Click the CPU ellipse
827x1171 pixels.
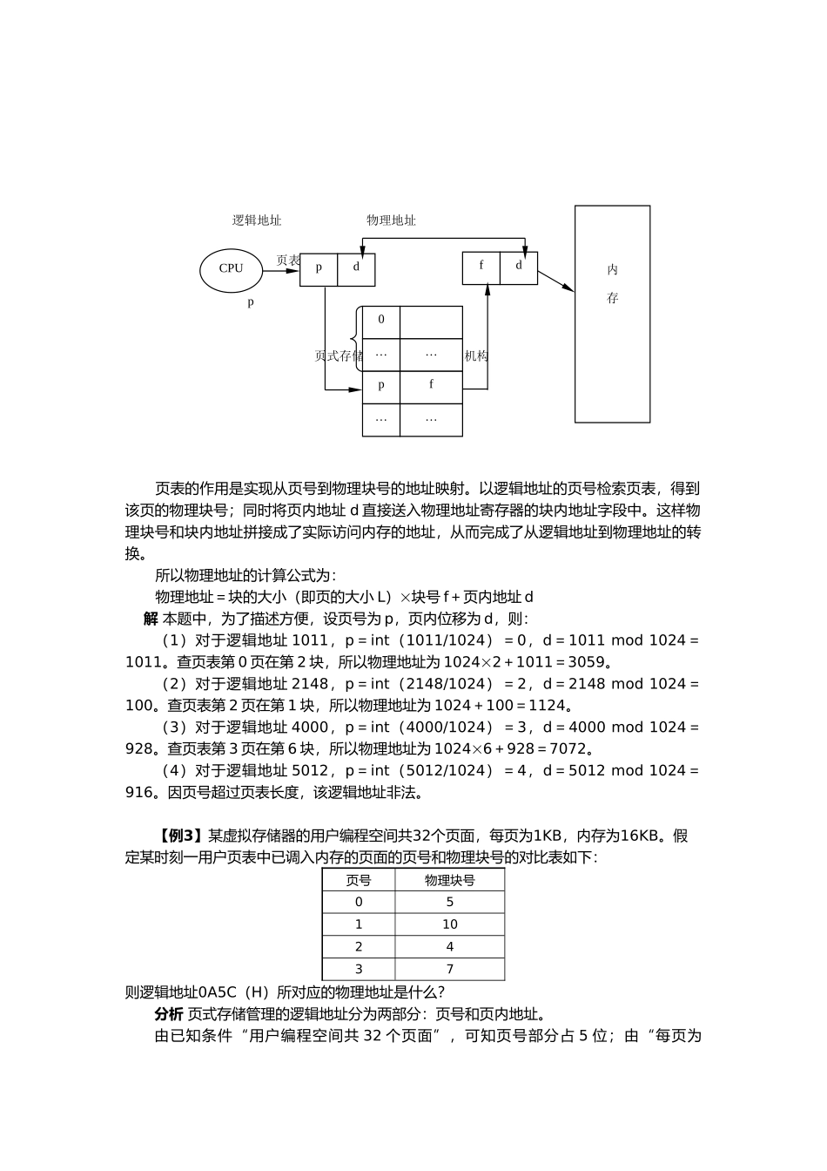coord(231,269)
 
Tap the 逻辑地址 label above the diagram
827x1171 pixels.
coord(256,220)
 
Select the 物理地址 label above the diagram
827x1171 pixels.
coord(391,220)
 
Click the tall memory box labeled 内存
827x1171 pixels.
coord(612,314)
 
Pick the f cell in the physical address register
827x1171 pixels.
coord(481,267)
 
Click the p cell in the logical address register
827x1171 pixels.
coord(319,268)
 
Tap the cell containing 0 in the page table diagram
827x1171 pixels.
coord(381,322)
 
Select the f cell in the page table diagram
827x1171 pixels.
coord(431,385)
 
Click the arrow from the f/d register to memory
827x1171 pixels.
coord(555,281)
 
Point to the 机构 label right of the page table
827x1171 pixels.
coord(476,355)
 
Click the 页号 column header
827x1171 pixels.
coord(359,880)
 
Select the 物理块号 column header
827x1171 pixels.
coord(449,880)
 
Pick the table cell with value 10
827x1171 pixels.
coord(449,924)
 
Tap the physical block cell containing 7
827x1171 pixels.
coord(449,969)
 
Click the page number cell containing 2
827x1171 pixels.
coord(359,946)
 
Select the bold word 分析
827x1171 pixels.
coord(169,1014)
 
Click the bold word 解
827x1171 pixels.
coord(151,619)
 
